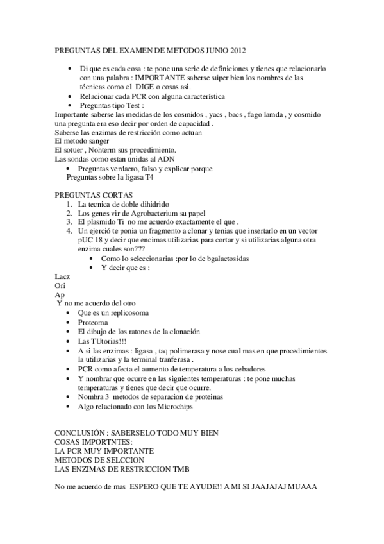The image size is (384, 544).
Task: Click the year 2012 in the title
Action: [x=233, y=49]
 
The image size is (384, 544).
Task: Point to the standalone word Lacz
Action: [x=63, y=276]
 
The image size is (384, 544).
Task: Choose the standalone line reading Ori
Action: [x=60, y=285]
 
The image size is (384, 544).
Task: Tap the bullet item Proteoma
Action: [x=93, y=322]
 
